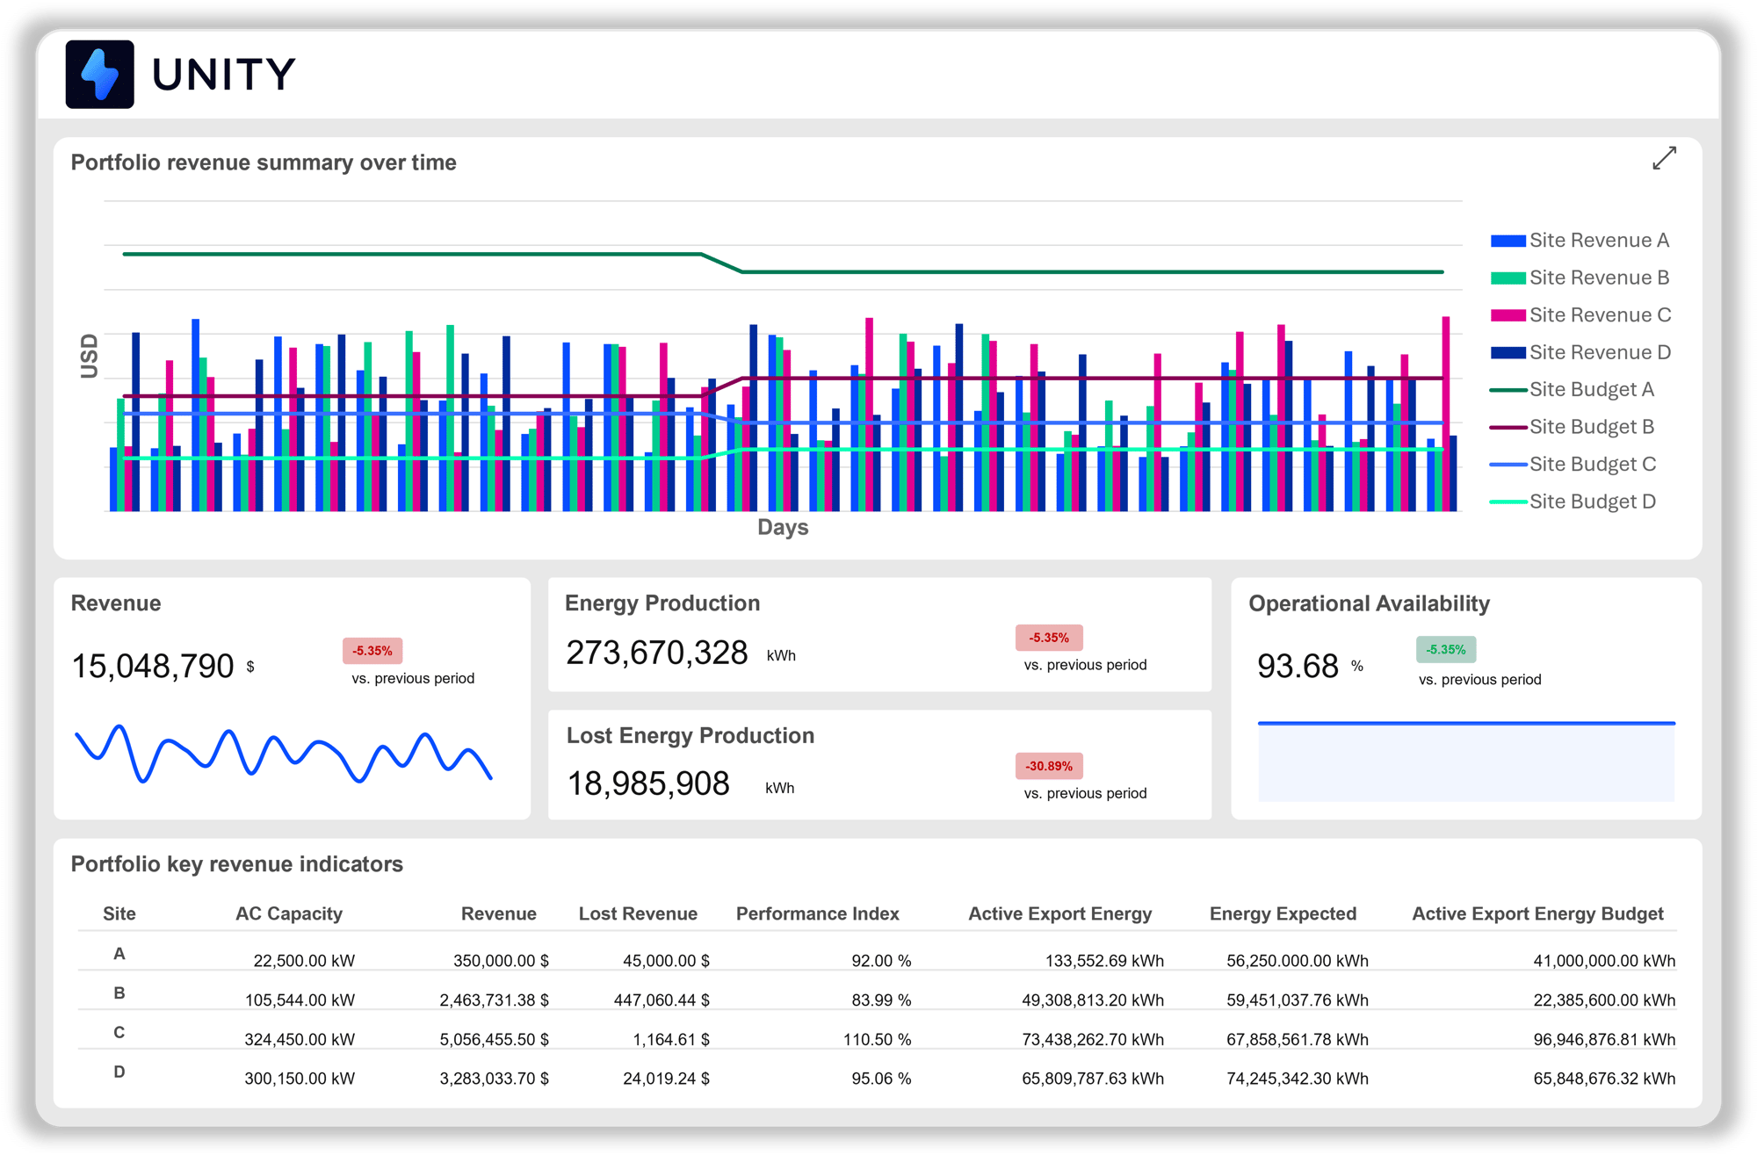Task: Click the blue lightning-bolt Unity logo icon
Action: coord(100,75)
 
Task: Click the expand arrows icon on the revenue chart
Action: coord(1664,158)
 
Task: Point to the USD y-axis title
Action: coord(89,356)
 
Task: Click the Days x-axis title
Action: coord(783,527)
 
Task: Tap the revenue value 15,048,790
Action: coord(153,666)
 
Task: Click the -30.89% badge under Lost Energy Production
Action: coord(1049,766)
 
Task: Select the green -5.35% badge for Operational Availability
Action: coord(1446,650)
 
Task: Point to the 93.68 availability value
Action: coord(1298,666)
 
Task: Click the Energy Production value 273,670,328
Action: coord(656,653)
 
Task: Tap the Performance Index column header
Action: coord(817,913)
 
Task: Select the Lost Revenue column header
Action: coord(638,913)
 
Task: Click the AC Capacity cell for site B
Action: coord(300,1000)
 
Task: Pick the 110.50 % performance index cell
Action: coord(877,1039)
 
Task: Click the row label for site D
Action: coord(119,1072)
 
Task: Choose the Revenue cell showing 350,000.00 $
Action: coord(501,961)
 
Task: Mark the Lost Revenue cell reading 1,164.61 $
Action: coord(671,1039)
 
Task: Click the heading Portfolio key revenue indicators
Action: coord(237,864)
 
